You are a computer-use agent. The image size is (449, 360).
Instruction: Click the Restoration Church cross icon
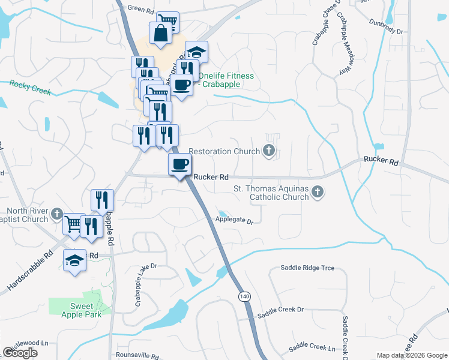[270, 152]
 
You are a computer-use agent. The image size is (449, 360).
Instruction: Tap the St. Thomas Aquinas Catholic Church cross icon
[318, 193]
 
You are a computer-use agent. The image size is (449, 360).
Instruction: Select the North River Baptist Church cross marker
[57, 214]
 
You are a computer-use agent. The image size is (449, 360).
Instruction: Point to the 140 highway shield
[244, 297]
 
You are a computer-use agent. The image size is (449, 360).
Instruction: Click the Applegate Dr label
[235, 220]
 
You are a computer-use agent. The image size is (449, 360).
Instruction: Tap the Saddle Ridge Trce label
[307, 268]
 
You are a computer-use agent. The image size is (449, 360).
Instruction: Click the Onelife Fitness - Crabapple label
[226, 80]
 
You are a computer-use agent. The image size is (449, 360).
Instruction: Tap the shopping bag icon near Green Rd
[161, 34]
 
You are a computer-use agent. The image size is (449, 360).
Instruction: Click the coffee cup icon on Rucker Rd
[180, 164]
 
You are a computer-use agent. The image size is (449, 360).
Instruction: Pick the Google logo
[20, 353]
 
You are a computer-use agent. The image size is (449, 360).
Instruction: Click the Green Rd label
[141, 8]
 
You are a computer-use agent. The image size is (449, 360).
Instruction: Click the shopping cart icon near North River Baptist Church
[73, 224]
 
